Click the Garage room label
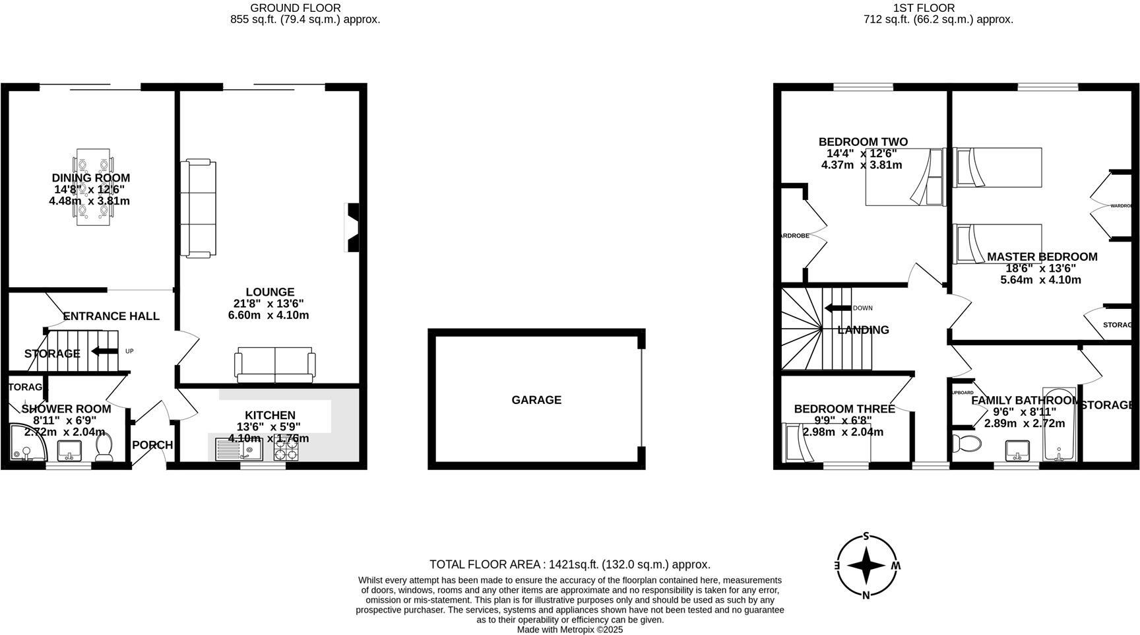tap(536, 400)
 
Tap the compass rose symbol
tap(866, 566)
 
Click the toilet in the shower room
tap(104, 449)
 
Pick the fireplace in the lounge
tap(352, 228)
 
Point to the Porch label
tap(152, 446)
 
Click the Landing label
tap(863, 330)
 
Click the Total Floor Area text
tap(569, 564)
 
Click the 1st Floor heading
tap(933, 8)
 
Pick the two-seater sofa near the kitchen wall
tap(274, 364)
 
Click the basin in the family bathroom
tap(1017, 451)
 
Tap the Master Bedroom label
tap(1042, 257)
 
